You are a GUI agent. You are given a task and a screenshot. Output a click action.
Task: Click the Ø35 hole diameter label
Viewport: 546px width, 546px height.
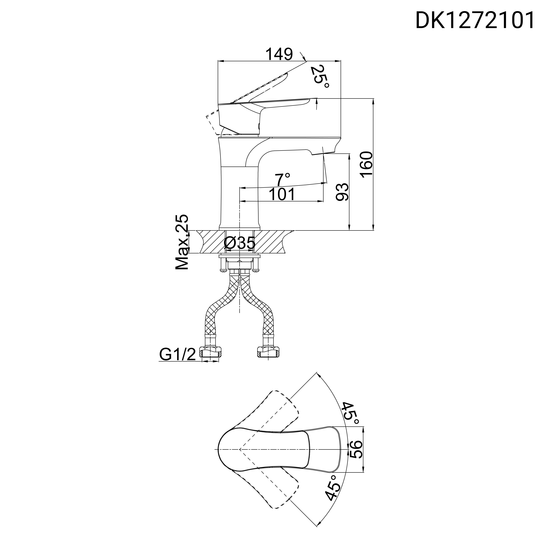coord(240,243)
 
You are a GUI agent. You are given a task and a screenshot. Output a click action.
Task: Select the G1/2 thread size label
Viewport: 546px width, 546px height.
coord(178,354)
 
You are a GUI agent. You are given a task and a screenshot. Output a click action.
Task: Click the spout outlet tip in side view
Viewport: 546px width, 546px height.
coord(322,153)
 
